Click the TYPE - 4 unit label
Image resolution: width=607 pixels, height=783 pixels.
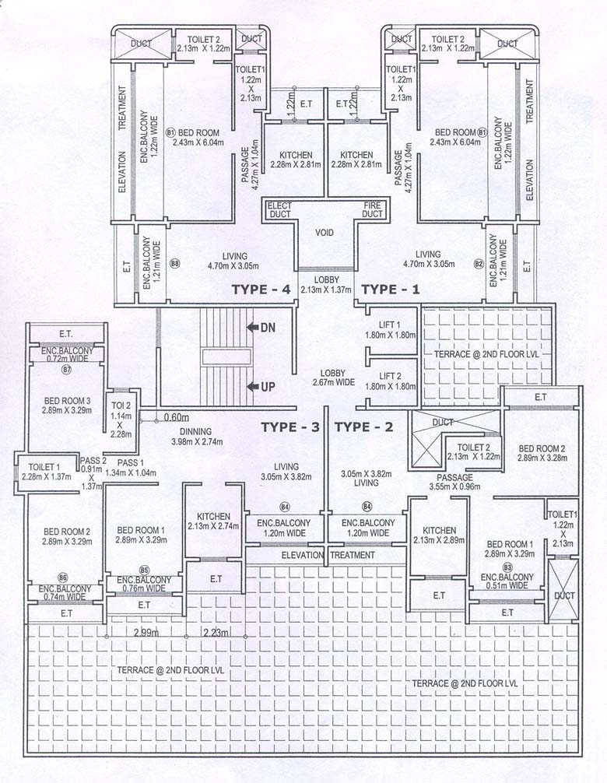coord(261,290)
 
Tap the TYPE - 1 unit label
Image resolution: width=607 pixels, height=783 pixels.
coord(391,290)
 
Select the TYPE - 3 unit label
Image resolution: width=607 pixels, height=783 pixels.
coord(289,427)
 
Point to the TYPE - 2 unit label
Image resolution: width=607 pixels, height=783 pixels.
coord(363,427)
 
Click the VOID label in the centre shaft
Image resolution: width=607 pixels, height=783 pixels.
coord(325,233)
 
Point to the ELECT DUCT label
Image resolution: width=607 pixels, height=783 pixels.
coord(279,210)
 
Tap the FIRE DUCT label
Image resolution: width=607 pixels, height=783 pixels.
coord(373,210)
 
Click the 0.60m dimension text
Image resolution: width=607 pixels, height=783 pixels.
coord(177,417)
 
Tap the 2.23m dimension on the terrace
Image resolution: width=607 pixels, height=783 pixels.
coord(216,632)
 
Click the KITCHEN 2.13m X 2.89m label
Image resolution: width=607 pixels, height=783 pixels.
coord(435,535)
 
